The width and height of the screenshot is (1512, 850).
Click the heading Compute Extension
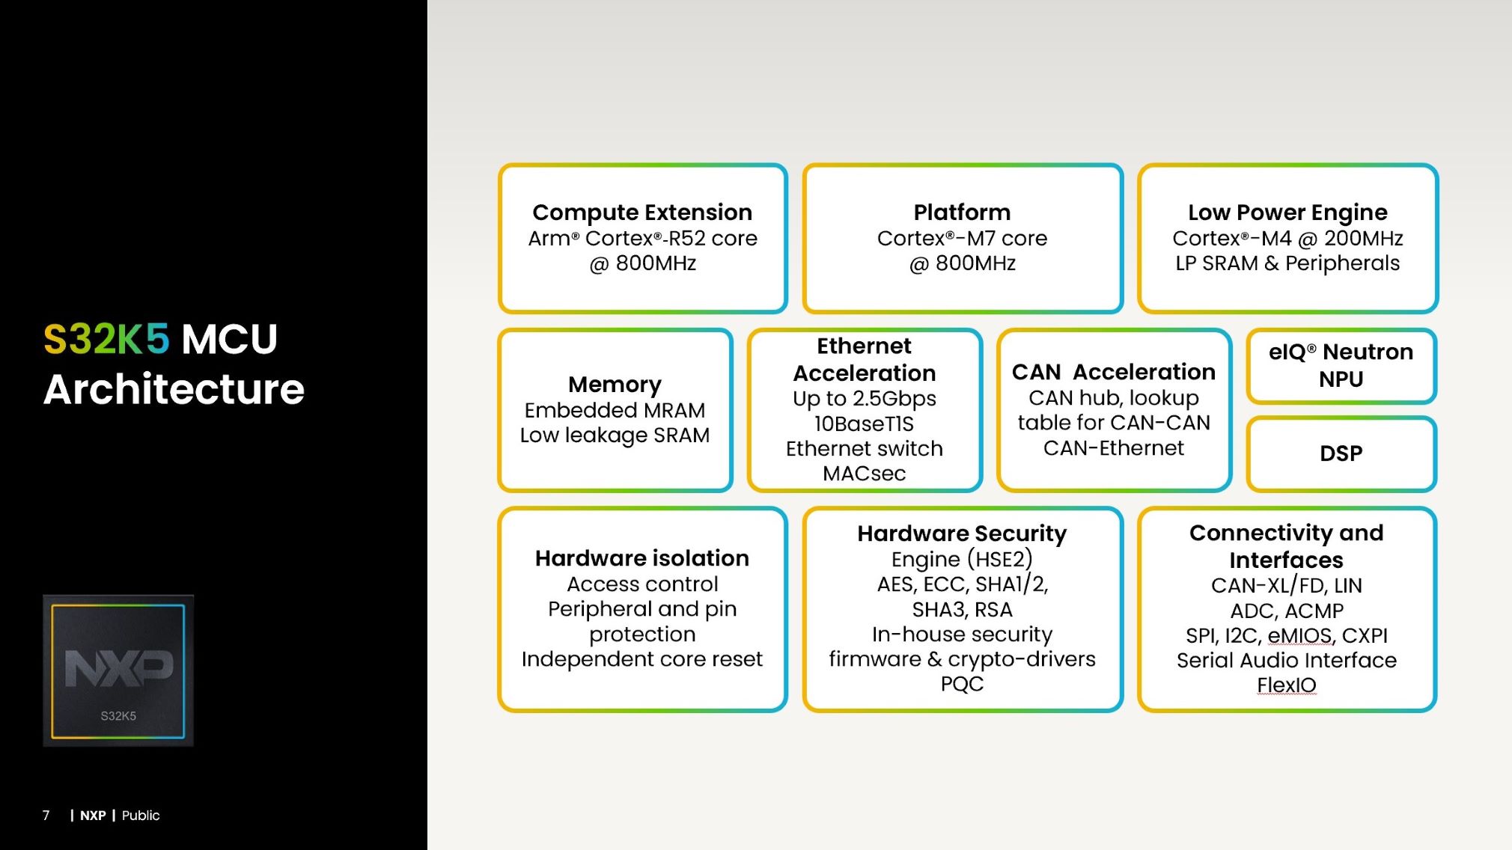click(642, 212)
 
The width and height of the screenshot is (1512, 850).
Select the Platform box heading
click(962, 212)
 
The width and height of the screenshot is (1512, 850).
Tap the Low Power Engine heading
click(1287, 212)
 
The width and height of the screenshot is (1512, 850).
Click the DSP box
click(1341, 453)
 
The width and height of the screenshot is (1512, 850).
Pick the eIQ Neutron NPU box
click(1341, 365)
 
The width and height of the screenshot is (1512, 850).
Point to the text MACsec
click(864, 474)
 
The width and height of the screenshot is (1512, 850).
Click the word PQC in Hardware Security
click(962, 684)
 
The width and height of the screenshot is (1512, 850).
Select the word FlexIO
click(1286, 685)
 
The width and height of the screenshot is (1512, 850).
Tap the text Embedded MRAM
click(615, 410)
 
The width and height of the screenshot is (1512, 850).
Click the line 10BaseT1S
click(864, 424)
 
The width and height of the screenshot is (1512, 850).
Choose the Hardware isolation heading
click(642, 558)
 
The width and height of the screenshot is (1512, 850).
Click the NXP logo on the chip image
click(118, 667)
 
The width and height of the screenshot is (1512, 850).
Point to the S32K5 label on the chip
click(118, 716)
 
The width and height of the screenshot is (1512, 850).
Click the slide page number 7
click(46, 816)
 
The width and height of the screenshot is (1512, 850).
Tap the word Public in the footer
click(141, 816)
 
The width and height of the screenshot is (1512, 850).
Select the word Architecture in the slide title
click(174, 389)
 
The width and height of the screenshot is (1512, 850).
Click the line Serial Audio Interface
click(1286, 660)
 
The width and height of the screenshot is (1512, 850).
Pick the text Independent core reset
click(642, 659)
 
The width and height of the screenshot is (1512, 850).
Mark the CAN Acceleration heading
click(1113, 372)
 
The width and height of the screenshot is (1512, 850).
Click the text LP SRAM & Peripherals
click(1287, 263)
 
